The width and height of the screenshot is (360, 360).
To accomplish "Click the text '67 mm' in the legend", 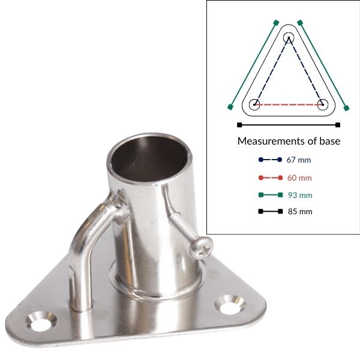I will click(299, 160).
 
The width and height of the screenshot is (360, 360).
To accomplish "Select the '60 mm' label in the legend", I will click(299, 178).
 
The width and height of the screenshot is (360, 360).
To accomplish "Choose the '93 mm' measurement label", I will click(299, 195).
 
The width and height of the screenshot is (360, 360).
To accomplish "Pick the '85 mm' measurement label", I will click(299, 212).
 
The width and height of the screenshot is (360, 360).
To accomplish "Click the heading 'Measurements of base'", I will click(289, 142).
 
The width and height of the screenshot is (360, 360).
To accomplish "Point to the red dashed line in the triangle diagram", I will click(289, 104).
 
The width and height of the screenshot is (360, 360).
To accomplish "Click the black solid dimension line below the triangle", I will click(289, 125).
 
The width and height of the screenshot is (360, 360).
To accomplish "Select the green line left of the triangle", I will click(253, 65).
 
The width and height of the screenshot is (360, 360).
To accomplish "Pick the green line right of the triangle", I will click(323, 65).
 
